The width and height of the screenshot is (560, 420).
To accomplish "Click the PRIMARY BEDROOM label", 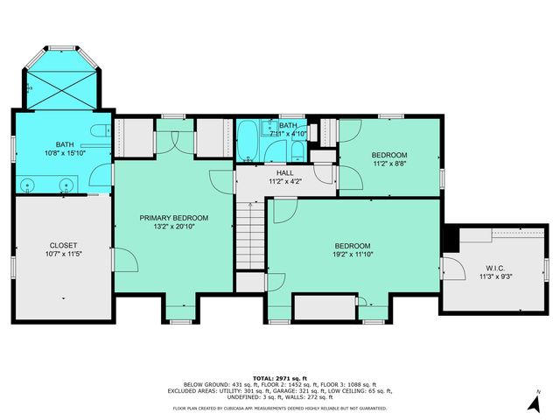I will tap(174, 218).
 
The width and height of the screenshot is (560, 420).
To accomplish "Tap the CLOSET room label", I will tap(63, 245).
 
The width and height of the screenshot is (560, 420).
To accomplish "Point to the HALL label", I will tap(285, 173).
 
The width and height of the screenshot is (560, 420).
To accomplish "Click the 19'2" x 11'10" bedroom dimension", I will tap(353, 256).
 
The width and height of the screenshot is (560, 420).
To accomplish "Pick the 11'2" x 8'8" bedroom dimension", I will tap(390, 163).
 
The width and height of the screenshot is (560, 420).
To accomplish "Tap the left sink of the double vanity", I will tap(29, 185).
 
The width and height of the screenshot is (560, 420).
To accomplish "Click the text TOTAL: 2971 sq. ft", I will tap(279, 374).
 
